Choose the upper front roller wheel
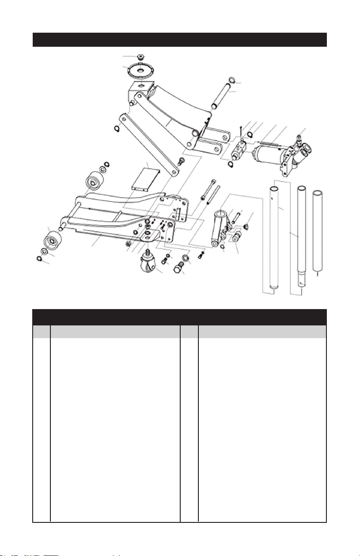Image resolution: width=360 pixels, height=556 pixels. [x=94, y=182]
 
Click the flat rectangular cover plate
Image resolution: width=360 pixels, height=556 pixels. [x=147, y=177]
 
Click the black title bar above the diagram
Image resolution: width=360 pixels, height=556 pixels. [x=180, y=39]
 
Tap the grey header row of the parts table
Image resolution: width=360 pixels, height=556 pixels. [x=180, y=331]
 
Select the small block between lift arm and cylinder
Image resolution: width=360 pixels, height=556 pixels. [x=238, y=147]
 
